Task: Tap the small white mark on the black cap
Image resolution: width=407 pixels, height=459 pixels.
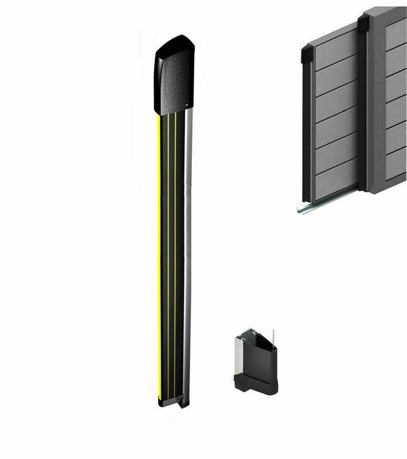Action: pyautogui.click(x=187, y=105)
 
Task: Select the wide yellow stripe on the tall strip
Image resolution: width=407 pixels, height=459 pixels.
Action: pyautogui.click(x=159, y=256)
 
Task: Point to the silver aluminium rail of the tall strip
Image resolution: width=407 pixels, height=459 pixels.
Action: pyautogui.click(x=187, y=256)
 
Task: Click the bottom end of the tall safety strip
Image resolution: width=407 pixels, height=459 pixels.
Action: pyautogui.click(x=173, y=401)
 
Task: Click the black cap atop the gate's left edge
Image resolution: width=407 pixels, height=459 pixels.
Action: pyautogui.click(x=307, y=56)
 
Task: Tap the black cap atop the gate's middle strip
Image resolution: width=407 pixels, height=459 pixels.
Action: pyautogui.click(x=363, y=23)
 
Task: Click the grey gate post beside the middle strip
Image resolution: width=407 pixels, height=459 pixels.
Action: pyautogui.click(x=375, y=105)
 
